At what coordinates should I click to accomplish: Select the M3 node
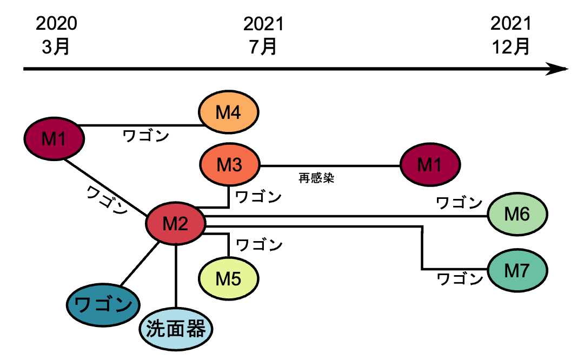(x=230, y=165)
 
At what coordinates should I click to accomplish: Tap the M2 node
(x=176, y=223)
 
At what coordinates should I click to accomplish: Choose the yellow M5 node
(x=228, y=278)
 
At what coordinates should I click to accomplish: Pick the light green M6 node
(x=517, y=215)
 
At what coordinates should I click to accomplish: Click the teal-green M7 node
(x=517, y=271)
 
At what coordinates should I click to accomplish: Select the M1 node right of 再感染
(x=430, y=165)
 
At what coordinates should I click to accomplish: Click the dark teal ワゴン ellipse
(x=103, y=305)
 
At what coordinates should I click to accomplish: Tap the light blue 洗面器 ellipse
(x=176, y=329)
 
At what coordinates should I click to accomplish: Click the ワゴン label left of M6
(x=459, y=203)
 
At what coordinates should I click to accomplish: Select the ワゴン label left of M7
(x=459, y=279)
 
